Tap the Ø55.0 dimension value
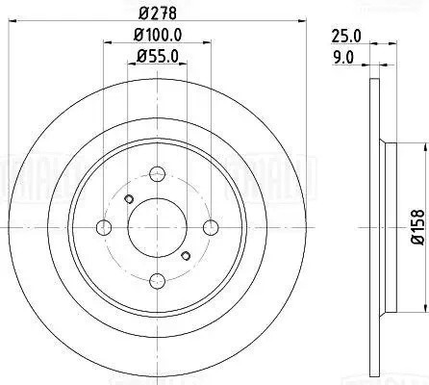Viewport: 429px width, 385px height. click(156, 58)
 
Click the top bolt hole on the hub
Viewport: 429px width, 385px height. click(156, 175)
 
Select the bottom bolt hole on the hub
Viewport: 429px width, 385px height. click(156, 280)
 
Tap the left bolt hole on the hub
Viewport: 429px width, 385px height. click(104, 228)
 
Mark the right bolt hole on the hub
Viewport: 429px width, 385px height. click(209, 228)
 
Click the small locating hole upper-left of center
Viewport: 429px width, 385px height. click(129, 198)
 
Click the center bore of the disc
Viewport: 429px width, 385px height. click(156, 228)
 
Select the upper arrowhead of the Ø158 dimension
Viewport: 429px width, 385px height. click(421, 145)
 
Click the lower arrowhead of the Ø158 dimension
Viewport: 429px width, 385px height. click(421, 310)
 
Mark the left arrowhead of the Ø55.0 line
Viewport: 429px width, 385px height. click(130, 66)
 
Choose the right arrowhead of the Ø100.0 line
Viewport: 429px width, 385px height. click(207, 45)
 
